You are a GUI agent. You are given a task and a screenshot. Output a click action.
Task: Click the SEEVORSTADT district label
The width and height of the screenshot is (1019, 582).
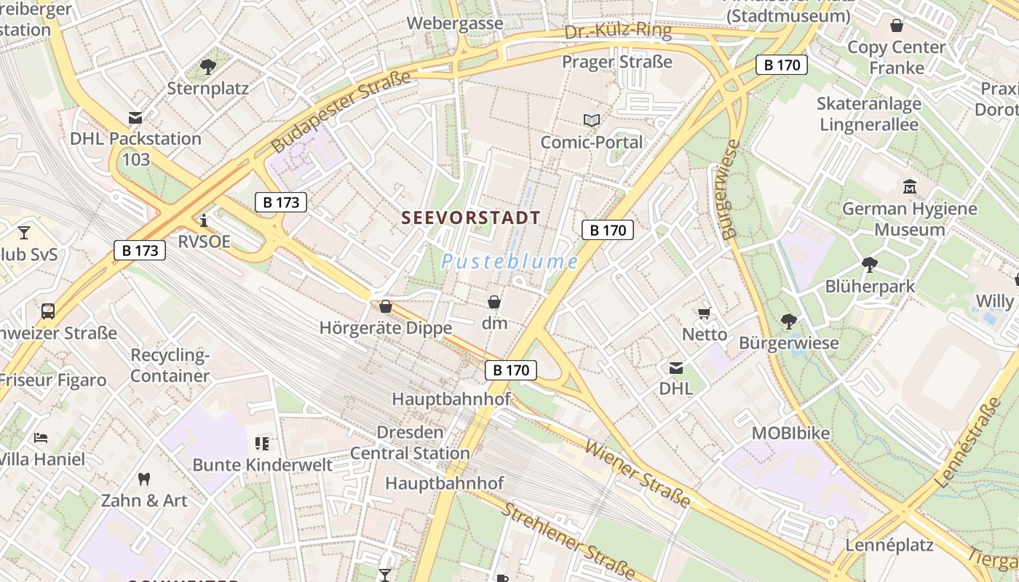click(471, 218)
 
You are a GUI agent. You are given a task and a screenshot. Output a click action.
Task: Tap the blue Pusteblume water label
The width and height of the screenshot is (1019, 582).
click(509, 262)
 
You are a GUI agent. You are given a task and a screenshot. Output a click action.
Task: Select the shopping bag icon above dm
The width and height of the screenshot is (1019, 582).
click(494, 301)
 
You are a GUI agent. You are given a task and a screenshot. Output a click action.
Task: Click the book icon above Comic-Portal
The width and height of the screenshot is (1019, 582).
click(592, 120)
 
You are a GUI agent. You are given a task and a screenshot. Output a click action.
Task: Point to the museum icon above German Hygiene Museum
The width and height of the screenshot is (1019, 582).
click(909, 187)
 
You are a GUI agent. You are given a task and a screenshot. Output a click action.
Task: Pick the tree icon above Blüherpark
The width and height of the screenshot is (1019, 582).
click(869, 264)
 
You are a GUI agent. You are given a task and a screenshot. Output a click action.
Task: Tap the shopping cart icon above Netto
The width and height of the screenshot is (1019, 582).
click(704, 313)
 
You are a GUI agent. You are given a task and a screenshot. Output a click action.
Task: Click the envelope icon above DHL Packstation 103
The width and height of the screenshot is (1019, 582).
click(135, 117)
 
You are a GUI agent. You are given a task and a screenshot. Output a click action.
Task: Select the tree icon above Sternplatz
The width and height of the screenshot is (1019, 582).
click(207, 67)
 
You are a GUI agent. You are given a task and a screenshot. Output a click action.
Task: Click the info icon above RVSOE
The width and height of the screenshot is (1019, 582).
click(204, 220)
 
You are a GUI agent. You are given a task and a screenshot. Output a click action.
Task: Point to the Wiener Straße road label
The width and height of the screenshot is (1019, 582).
click(638, 474)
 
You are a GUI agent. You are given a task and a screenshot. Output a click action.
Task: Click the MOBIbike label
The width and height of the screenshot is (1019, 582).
click(790, 433)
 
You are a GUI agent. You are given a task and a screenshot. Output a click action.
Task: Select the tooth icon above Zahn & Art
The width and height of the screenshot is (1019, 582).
click(143, 479)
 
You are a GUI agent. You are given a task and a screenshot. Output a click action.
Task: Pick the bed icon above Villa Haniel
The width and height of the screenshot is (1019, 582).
click(41, 438)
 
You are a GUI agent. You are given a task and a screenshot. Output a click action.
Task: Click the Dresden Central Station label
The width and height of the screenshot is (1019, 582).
click(410, 442)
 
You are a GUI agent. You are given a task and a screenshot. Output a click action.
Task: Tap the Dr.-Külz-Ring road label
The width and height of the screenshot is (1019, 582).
click(617, 31)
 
